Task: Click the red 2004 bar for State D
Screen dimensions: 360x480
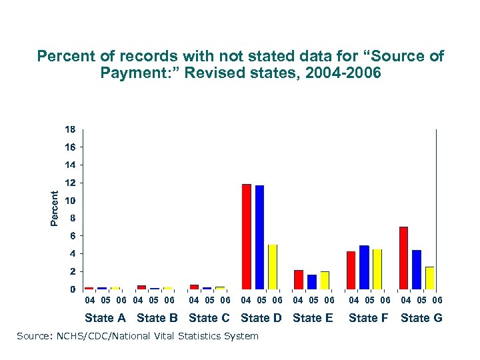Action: coord(247,237)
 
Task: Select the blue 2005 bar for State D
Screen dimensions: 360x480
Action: coord(259,237)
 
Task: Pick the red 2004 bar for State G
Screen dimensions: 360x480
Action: coord(403,258)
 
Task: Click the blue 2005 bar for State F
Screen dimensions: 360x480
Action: coord(364,267)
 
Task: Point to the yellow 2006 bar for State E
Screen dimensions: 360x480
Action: coord(325,280)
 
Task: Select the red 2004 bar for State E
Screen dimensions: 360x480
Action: coord(299,279)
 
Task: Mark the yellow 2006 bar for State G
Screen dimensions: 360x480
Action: coord(430,278)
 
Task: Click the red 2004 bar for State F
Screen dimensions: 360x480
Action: coord(351,270)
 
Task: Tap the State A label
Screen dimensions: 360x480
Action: coord(105,318)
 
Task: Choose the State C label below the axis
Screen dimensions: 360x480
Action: coord(209,318)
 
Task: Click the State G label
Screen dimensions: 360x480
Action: coord(421,318)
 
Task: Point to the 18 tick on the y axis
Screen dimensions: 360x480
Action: coord(70,129)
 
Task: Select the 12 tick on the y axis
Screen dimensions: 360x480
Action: coord(70,183)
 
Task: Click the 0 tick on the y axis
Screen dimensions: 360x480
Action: coord(72,290)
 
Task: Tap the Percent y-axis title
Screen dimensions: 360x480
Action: coord(55,207)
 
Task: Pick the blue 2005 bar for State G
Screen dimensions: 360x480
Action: coord(417,269)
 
